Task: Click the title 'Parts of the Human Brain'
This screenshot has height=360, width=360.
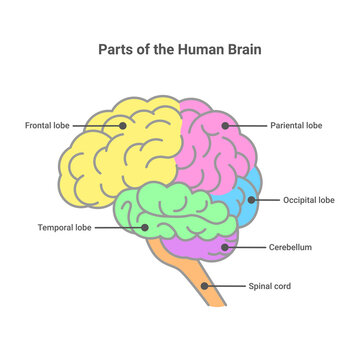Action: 180,47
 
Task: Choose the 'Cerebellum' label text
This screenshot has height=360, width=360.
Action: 289,246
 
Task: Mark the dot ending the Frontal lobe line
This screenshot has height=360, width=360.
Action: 122,126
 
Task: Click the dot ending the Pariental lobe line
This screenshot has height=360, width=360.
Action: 226,126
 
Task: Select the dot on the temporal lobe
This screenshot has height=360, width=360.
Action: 146,227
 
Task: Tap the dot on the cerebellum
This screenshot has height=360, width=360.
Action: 230,246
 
